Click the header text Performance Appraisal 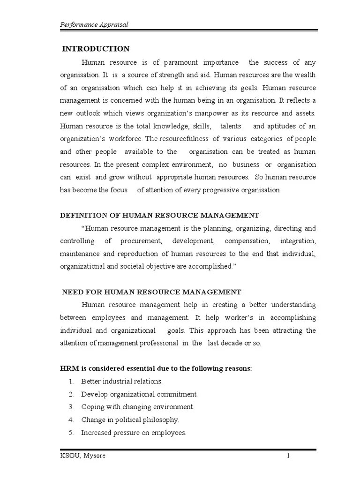click(94, 24)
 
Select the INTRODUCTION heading click(96, 49)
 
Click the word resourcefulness click(183, 139)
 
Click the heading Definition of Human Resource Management click(159, 215)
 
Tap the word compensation click(247, 241)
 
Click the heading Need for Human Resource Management click(152, 292)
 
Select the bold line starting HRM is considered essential click(156, 368)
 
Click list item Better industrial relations click(122, 382)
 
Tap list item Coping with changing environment click(137, 407)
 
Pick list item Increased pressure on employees click(134, 433)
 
